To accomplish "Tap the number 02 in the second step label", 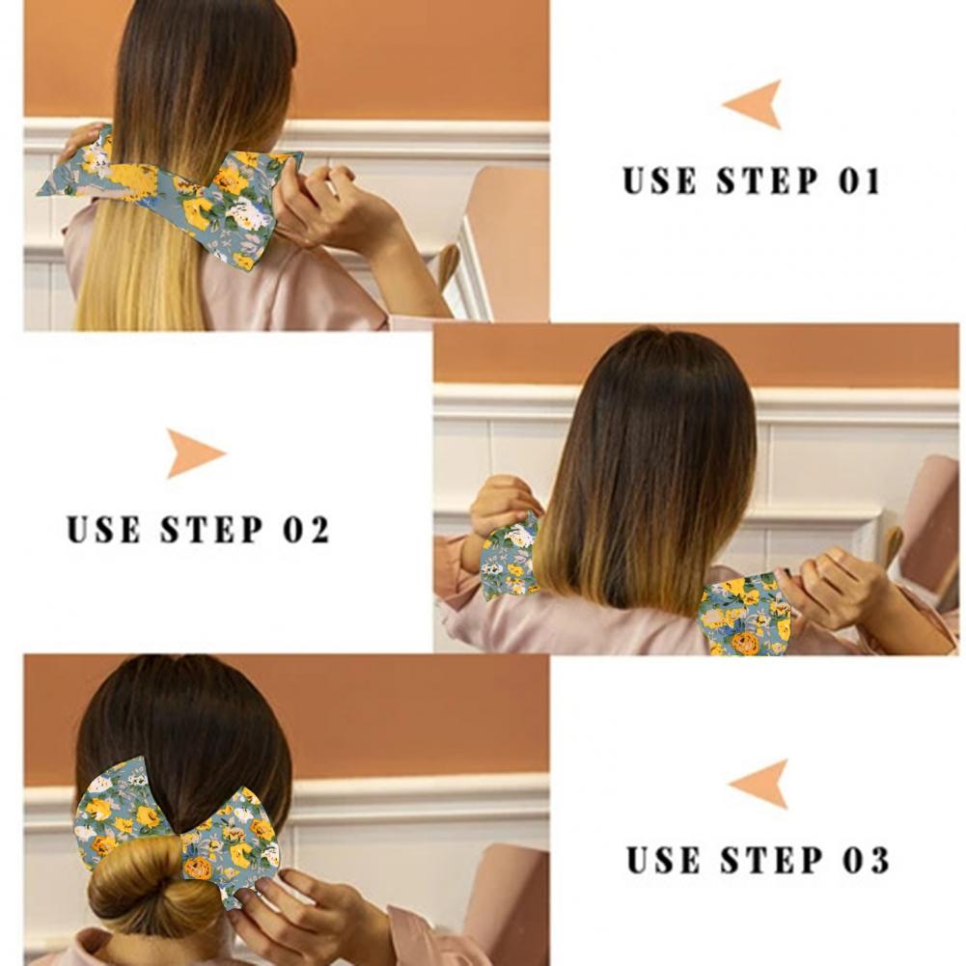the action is click(306, 529).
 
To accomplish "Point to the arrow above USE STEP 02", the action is click(193, 454).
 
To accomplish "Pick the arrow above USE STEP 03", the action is click(760, 785).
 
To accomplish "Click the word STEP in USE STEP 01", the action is click(767, 180).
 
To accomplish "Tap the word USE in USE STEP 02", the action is click(103, 529).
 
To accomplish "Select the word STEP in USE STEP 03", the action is click(771, 860).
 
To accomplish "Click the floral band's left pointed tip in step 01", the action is click(39, 193).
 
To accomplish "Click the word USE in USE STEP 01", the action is click(659, 180).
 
